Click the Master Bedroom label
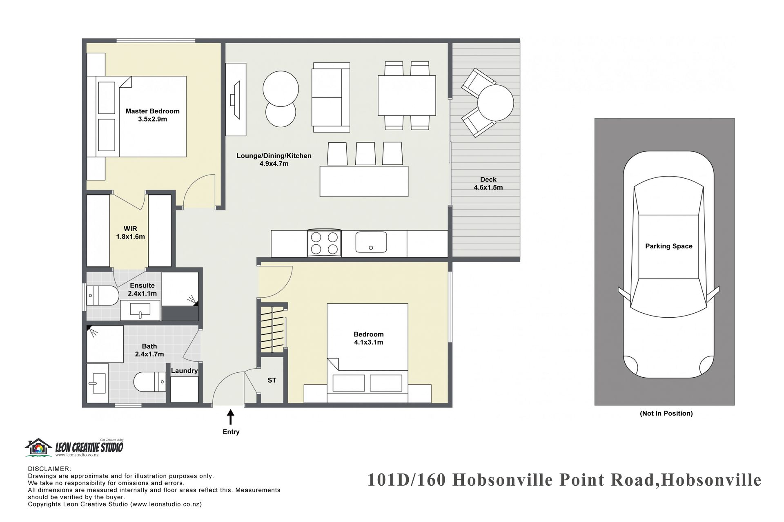coord(152,115)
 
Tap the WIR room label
coord(131,232)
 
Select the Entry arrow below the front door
coord(231,418)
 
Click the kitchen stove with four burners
coord(324,243)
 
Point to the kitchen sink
coord(371,242)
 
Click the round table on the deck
coord(495,102)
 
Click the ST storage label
coord(272,380)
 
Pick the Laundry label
coord(184,371)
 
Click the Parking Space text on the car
coord(669,246)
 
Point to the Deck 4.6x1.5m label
coord(488,184)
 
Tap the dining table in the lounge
coord(406,95)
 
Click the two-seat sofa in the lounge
coord(331,97)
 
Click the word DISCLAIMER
coord(49,469)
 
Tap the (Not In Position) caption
coord(666,414)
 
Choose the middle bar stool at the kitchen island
coord(365,153)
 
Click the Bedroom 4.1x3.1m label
coord(369,338)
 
